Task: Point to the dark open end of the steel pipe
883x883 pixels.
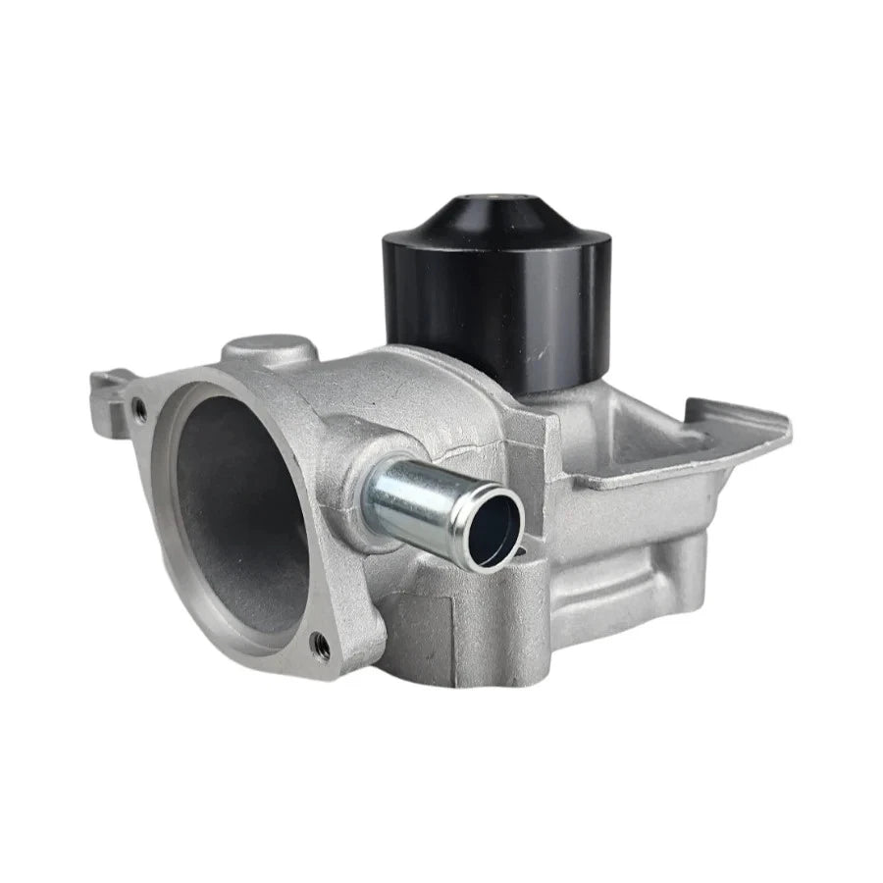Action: tap(497, 531)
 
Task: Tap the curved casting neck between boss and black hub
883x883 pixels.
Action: tap(343, 378)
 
